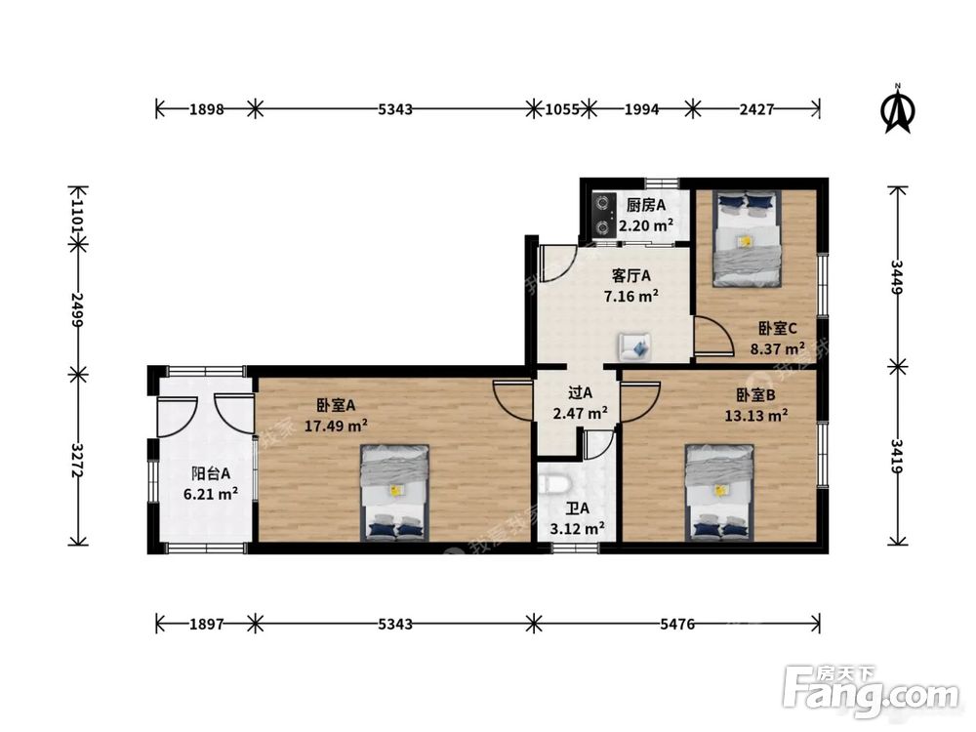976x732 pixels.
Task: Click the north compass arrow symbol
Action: pyautogui.click(x=898, y=109)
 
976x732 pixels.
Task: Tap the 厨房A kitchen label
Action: pyautogui.click(x=645, y=205)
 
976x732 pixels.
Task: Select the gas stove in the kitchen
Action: pyautogui.click(x=602, y=215)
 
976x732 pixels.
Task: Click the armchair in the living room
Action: pyautogui.click(x=634, y=346)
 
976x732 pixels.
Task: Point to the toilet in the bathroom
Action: pyautogui.click(x=554, y=490)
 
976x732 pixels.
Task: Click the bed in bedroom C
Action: pyautogui.click(x=747, y=238)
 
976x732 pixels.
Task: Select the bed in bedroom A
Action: pyautogui.click(x=394, y=492)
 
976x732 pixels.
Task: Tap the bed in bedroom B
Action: pyautogui.click(x=719, y=492)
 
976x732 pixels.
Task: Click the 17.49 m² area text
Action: pyautogui.click(x=336, y=426)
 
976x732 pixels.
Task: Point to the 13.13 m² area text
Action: pyautogui.click(x=755, y=415)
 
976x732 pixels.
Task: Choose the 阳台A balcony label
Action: pyautogui.click(x=211, y=473)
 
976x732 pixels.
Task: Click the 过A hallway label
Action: pyautogui.click(x=580, y=392)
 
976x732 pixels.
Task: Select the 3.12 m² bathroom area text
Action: pyautogui.click(x=577, y=529)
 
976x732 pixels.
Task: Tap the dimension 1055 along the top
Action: pyautogui.click(x=561, y=109)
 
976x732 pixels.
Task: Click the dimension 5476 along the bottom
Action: pyautogui.click(x=677, y=623)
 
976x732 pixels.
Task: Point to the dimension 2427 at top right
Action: pyautogui.click(x=756, y=109)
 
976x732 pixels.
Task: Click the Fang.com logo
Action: pyautogui.click(x=871, y=690)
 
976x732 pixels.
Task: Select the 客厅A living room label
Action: pyautogui.click(x=631, y=275)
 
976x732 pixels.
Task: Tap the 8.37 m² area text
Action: pyautogui.click(x=778, y=348)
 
